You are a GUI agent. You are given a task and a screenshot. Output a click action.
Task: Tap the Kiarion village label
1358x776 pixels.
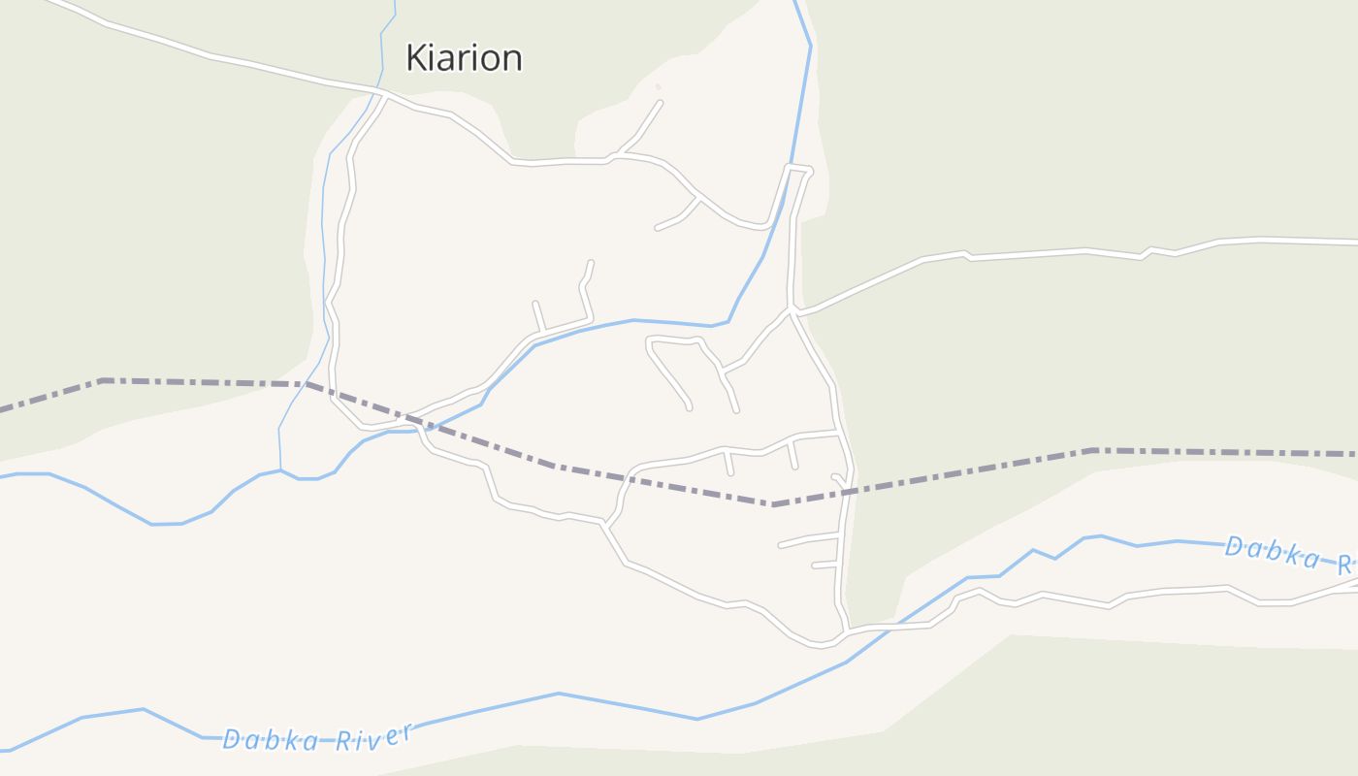point(464,58)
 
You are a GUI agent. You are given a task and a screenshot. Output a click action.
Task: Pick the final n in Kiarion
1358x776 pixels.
point(511,60)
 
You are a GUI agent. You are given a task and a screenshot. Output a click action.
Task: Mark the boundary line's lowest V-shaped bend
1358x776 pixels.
point(773,504)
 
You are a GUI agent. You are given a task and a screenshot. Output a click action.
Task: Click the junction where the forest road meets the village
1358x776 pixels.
point(793,311)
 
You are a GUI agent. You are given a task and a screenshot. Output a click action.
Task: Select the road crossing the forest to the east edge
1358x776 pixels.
point(1067,252)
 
